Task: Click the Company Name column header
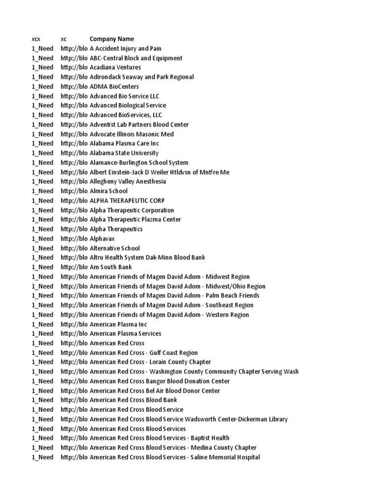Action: pos(111,39)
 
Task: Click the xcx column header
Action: pos(36,39)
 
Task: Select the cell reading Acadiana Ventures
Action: pos(115,68)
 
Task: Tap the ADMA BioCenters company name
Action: pos(114,87)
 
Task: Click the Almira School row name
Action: pos(108,191)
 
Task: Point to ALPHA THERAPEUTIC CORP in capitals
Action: pos(127,201)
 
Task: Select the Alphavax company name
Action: pos(102,239)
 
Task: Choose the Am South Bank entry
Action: pos(111,267)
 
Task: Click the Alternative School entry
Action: pos(115,248)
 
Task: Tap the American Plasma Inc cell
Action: pos(118,324)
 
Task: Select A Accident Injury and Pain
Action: pos(125,49)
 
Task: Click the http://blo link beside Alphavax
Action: pos(74,239)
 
